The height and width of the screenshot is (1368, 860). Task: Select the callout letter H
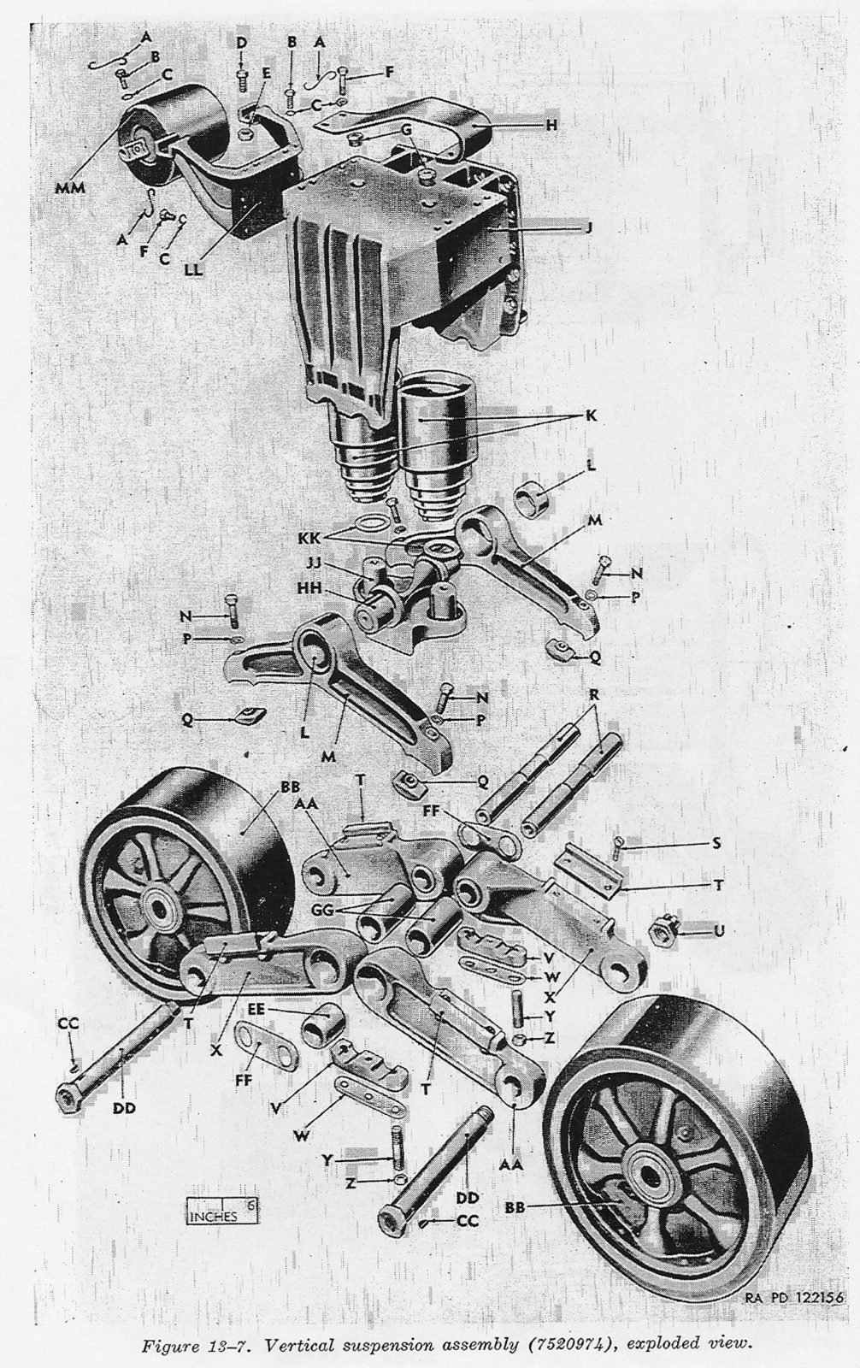click(x=551, y=125)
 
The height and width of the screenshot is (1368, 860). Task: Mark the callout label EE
click(x=256, y=1010)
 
